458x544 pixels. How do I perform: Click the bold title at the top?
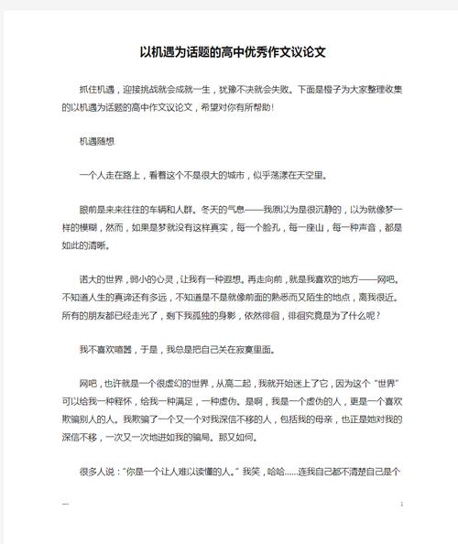pyautogui.click(x=234, y=52)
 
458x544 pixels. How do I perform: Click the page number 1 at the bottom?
pyautogui.click(x=402, y=505)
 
